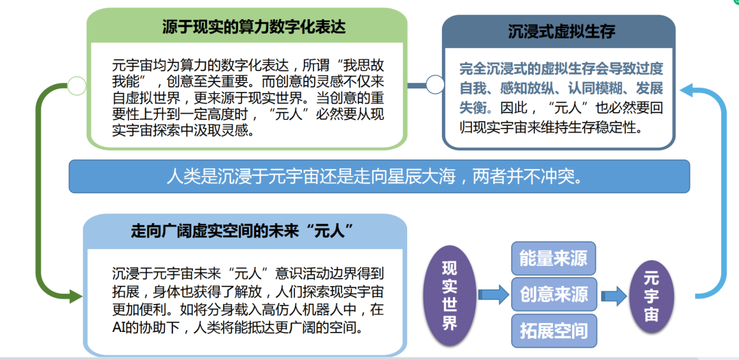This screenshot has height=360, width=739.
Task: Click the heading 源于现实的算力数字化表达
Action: [x=254, y=27]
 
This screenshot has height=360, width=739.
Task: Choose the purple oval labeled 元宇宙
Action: [x=651, y=296]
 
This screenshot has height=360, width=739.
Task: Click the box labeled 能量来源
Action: [x=554, y=258]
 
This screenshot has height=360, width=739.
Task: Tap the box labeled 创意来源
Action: [x=554, y=294]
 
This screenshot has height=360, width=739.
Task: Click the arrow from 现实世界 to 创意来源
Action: [x=490, y=296]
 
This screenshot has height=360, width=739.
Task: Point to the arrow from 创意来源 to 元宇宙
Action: [x=613, y=296]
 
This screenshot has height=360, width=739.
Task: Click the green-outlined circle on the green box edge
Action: [x=77, y=86]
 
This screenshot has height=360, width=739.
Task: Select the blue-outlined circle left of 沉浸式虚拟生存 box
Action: [x=435, y=84]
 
